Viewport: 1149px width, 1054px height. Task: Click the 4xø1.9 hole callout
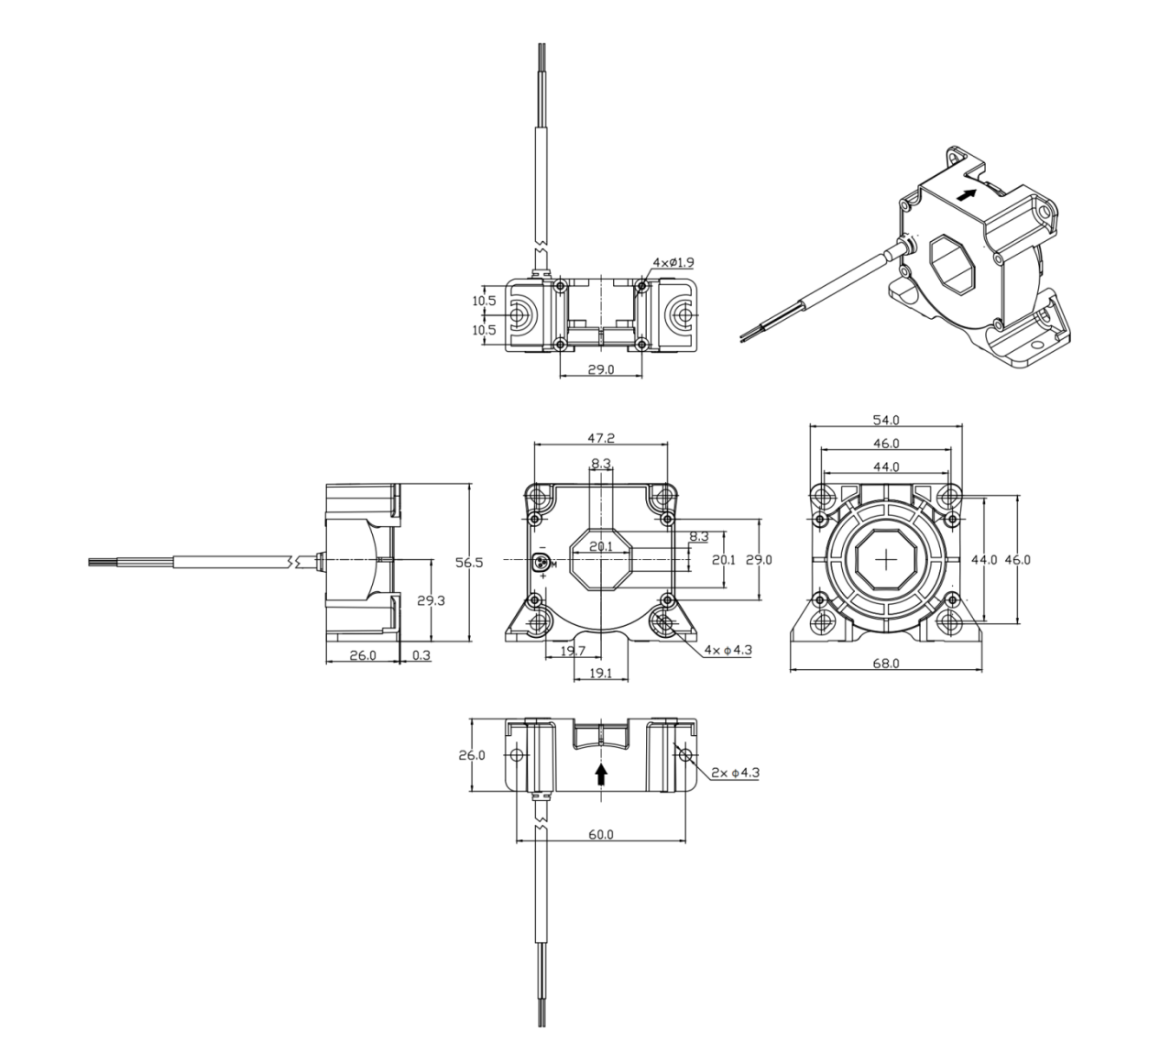pyautogui.click(x=673, y=262)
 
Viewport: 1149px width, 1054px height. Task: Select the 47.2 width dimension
pyautogui.click(x=601, y=438)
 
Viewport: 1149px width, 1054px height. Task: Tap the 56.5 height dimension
pyautogui.click(x=469, y=563)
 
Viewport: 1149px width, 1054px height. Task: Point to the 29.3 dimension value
pyautogui.click(x=431, y=600)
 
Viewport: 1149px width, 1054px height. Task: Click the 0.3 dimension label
pyautogui.click(x=421, y=655)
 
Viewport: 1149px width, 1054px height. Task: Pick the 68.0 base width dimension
pyautogui.click(x=886, y=664)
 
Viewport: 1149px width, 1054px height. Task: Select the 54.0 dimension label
pyautogui.click(x=886, y=420)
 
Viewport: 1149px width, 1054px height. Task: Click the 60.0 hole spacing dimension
pyautogui.click(x=601, y=834)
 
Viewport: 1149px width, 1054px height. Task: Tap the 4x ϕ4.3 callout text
pyautogui.click(x=728, y=650)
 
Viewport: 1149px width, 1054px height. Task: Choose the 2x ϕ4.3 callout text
pyautogui.click(x=736, y=773)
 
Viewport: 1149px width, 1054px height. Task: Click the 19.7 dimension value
pyautogui.click(x=573, y=651)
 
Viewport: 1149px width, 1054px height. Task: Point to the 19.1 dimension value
pyautogui.click(x=601, y=674)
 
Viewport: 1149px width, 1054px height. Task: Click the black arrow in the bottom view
pyautogui.click(x=601, y=774)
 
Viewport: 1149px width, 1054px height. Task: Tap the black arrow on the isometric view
pyautogui.click(x=966, y=195)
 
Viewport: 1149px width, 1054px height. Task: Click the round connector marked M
pyautogui.click(x=540, y=563)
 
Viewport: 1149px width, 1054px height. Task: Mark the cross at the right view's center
pyautogui.click(x=886, y=559)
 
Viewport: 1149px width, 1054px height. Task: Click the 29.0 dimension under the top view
pyautogui.click(x=601, y=369)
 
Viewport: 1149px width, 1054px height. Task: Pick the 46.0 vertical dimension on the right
pyautogui.click(x=1018, y=560)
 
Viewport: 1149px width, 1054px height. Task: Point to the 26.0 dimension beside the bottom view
pyautogui.click(x=472, y=755)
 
